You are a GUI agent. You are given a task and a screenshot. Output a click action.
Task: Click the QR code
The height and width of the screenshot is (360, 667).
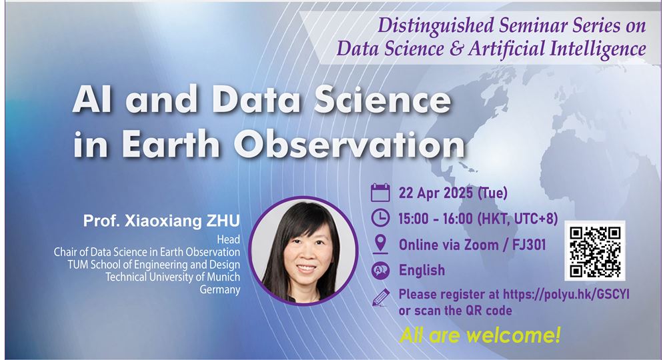(595, 251)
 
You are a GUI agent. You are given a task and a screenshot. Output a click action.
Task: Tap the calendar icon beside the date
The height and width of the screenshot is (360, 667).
(380, 193)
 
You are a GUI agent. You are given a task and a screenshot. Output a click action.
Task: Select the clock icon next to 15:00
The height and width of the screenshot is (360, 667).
(380, 218)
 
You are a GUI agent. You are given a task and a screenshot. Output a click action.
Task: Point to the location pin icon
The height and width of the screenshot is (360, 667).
(380, 244)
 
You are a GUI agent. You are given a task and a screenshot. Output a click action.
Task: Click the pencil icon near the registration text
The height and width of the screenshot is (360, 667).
(381, 297)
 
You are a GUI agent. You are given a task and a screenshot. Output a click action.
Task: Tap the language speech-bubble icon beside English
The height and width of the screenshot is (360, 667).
(380, 270)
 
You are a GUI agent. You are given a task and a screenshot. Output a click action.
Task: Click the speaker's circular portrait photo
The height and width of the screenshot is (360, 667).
(303, 251)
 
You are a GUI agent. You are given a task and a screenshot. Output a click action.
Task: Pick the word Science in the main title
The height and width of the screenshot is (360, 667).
(382, 99)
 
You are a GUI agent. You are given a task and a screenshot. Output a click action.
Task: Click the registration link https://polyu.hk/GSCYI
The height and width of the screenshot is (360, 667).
(566, 294)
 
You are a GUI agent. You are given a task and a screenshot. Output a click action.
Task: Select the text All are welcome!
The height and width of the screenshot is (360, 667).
(480, 335)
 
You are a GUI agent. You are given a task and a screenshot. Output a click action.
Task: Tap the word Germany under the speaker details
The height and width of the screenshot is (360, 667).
(220, 290)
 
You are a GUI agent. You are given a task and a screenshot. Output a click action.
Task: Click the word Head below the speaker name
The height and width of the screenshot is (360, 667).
(228, 239)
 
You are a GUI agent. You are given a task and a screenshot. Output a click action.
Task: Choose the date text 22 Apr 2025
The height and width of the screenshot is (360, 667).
(436, 193)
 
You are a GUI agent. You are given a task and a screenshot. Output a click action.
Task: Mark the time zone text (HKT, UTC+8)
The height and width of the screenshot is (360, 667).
(518, 219)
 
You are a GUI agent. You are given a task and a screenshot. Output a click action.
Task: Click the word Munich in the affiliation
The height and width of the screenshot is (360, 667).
(223, 277)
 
